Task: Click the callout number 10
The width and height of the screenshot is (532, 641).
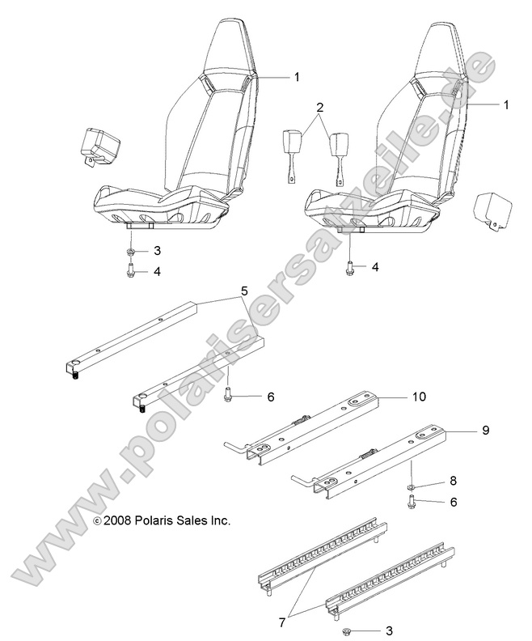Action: tap(418, 397)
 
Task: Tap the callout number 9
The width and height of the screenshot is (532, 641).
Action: tap(485, 430)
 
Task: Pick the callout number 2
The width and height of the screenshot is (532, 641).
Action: tap(319, 108)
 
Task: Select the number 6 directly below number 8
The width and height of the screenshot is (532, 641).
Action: tap(453, 502)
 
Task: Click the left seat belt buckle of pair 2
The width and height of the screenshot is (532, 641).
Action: tap(293, 150)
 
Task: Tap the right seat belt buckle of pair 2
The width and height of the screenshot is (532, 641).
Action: tap(338, 154)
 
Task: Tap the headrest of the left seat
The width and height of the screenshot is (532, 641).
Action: tap(227, 49)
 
